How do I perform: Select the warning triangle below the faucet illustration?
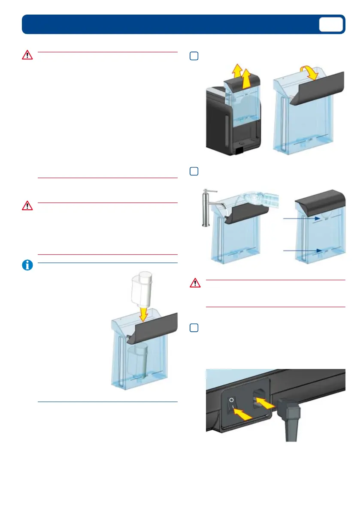(x=195, y=283)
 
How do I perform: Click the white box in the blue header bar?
(x=331, y=24)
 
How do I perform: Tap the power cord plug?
(x=290, y=418)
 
